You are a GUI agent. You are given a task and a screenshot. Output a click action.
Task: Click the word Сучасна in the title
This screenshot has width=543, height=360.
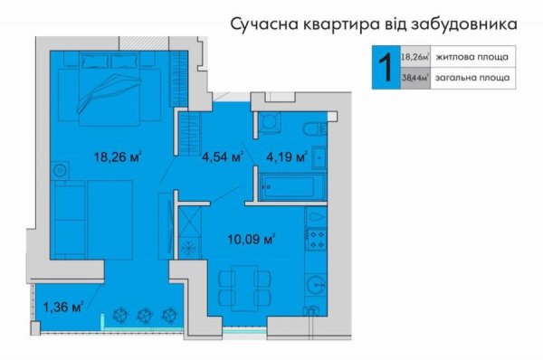pyautogui.click(x=267, y=21)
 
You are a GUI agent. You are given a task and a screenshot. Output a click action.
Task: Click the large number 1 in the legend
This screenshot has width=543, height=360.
pyautogui.click(x=383, y=66)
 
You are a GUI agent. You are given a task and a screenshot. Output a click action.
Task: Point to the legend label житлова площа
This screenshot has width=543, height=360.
pyautogui.click(x=471, y=56)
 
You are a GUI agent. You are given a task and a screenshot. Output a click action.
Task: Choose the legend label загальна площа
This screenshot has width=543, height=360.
pyautogui.click(x=471, y=78)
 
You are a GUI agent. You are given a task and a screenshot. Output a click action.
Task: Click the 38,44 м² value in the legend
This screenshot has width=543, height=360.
pyautogui.click(x=413, y=78)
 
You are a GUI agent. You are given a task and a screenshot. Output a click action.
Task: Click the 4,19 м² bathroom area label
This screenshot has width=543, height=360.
pyautogui.click(x=286, y=156)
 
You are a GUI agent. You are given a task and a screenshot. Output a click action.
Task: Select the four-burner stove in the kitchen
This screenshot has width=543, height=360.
pyautogui.click(x=318, y=238)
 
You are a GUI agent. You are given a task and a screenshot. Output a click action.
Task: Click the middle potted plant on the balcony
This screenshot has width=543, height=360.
pyautogui.click(x=144, y=314)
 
